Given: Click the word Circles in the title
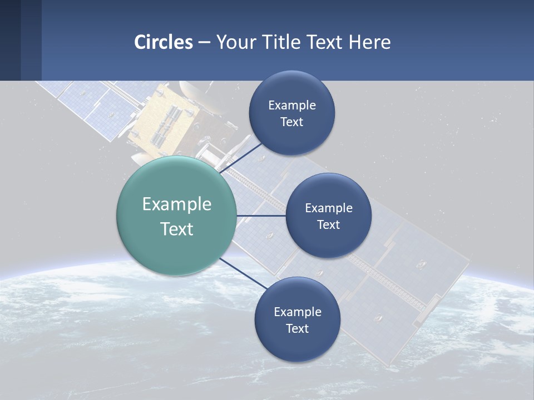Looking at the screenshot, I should coord(164,42).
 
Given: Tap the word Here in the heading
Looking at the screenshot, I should coord(369,42).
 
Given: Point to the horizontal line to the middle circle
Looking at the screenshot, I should coord(261,216).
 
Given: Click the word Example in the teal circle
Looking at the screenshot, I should coord(177,204).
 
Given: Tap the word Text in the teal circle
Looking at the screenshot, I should coord(177,229).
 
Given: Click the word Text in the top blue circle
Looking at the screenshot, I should coord(291,122).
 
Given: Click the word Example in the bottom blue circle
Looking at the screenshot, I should coord(297,312).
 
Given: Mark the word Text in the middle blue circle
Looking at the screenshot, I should coord(328,224).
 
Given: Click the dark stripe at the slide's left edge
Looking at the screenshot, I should coord(10,40).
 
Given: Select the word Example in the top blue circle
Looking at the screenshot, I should coord(291,106).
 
